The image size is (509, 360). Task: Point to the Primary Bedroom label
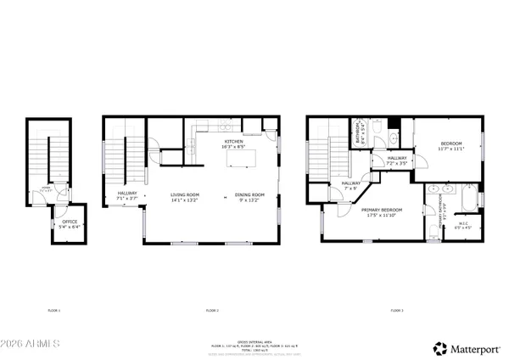tap(381, 211)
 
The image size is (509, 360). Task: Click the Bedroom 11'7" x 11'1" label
tap(450, 146)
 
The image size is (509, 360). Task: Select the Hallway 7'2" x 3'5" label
tap(397, 160)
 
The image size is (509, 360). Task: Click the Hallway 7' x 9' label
tap(351, 184)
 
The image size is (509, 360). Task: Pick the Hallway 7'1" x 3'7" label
tap(128, 198)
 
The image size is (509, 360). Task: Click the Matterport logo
tap(466, 348)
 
